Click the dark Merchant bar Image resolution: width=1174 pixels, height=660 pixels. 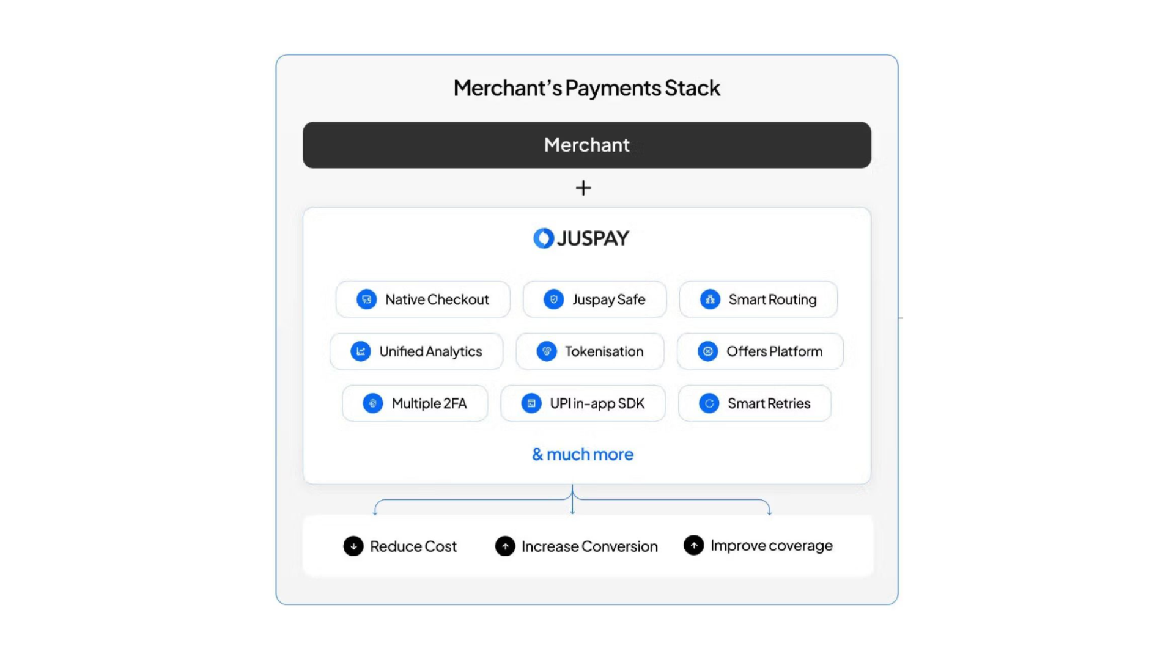[586, 145]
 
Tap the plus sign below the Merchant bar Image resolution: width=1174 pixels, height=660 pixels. [583, 188]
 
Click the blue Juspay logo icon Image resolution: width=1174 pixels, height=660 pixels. [543, 238]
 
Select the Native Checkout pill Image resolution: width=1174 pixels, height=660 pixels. [423, 299]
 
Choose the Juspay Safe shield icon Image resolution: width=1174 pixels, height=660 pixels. [553, 299]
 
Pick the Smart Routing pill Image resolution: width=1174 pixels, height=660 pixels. [758, 299]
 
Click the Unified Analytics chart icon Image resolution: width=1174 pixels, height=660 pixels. [361, 351]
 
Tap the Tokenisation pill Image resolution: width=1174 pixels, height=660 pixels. [589, 351]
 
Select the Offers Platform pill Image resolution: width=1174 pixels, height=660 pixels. [759, 351]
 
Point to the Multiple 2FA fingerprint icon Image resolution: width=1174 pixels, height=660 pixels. [373, 403]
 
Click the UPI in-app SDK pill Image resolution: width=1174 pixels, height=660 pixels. [583, 403]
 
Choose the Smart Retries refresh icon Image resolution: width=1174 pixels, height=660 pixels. [709, 403]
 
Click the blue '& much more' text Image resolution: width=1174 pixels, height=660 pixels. [583, 454]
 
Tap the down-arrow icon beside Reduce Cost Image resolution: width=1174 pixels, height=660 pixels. [353, 546]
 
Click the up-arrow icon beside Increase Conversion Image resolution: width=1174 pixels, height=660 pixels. [505, 546]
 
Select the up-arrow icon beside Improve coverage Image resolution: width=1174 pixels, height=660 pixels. [694, 545]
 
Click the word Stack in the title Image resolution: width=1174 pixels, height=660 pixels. [692, 88]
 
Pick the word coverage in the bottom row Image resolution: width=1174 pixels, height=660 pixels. [800, 546]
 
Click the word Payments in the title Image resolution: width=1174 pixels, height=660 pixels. [613, 88]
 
